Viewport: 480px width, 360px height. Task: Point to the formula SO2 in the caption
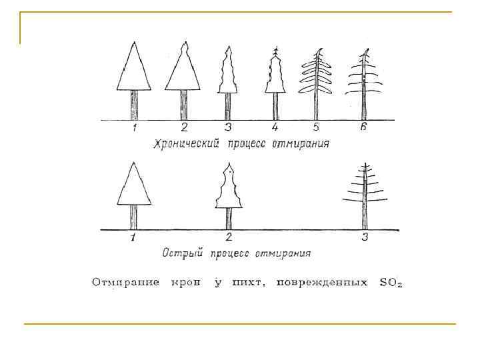tap(390, 283)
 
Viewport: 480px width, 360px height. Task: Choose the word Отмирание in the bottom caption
tap(125, 283)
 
